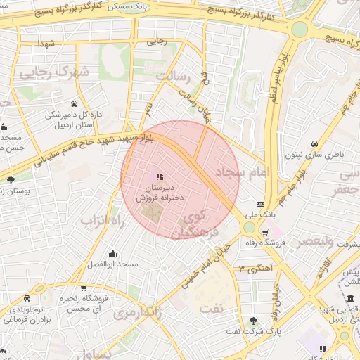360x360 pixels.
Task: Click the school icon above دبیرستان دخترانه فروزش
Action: tap(160, 176)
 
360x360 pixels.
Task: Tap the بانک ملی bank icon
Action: tap(259, 204)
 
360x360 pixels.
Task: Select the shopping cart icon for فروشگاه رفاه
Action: tap(265, 232)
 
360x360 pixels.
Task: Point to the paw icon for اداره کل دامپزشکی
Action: tap(74, 103)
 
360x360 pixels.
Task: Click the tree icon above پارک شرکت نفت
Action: tap(253, 321)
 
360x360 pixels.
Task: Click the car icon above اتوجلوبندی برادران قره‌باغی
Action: tap(27, 298)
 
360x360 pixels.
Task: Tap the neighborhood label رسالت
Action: tap(173, 76)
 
